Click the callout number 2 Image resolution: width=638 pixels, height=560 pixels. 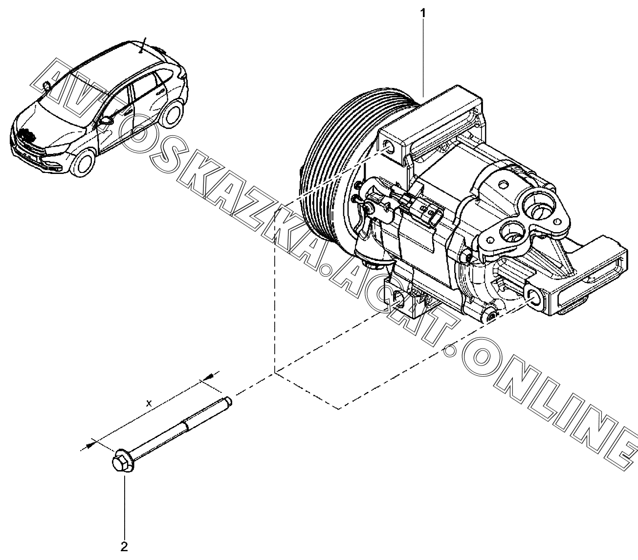(124, 547)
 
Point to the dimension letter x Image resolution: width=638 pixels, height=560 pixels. (151, 404)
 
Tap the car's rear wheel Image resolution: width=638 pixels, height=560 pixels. (171, 117)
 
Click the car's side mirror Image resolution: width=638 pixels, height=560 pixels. (105, 119)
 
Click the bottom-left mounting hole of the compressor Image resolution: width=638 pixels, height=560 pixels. (398, 300)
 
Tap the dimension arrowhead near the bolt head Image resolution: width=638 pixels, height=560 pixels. (88, 445)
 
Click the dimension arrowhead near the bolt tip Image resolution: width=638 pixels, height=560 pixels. (208, 377)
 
